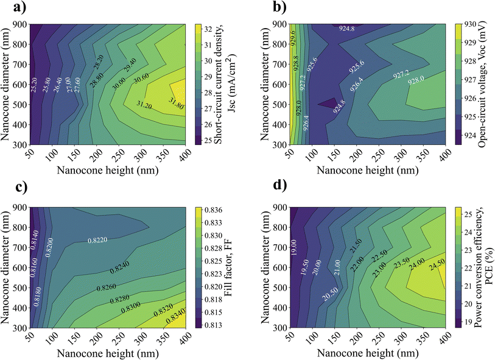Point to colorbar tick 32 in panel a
point(208,28)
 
